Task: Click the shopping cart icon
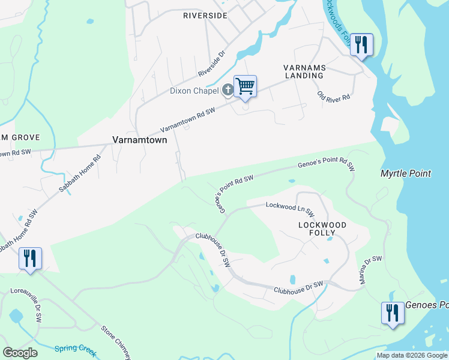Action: click(245, 86)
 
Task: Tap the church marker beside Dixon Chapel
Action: click(228, 91)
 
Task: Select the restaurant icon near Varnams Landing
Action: click(361, 44)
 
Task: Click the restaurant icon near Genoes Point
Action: click(392, 313)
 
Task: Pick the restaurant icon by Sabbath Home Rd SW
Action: click(30, 259)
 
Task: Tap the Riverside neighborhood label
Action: click(205, 16)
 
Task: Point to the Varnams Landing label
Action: click(304, 71)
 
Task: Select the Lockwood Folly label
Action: click(322, 229)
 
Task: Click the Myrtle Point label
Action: click(406, 173)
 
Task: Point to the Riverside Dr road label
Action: click(211, 63)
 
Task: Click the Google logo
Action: click(20, 353)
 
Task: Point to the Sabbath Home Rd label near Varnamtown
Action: click(80, 174)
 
